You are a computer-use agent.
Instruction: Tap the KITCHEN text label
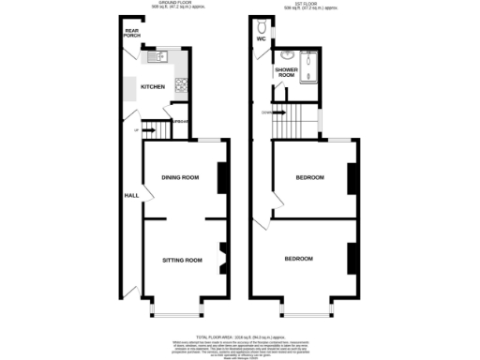[x=153, y=87]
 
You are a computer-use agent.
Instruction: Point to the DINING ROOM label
[x=180, y=177]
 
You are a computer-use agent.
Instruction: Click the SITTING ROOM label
[x=182, y=260]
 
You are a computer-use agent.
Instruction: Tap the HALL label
[x=131, y=195]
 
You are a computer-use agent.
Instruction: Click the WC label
[x=262, y=39]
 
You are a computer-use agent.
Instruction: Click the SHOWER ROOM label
[x=287, y=74]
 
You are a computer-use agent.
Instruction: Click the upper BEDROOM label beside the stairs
[x=309, y=178]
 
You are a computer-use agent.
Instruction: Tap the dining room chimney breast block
[x=221, y=177]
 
